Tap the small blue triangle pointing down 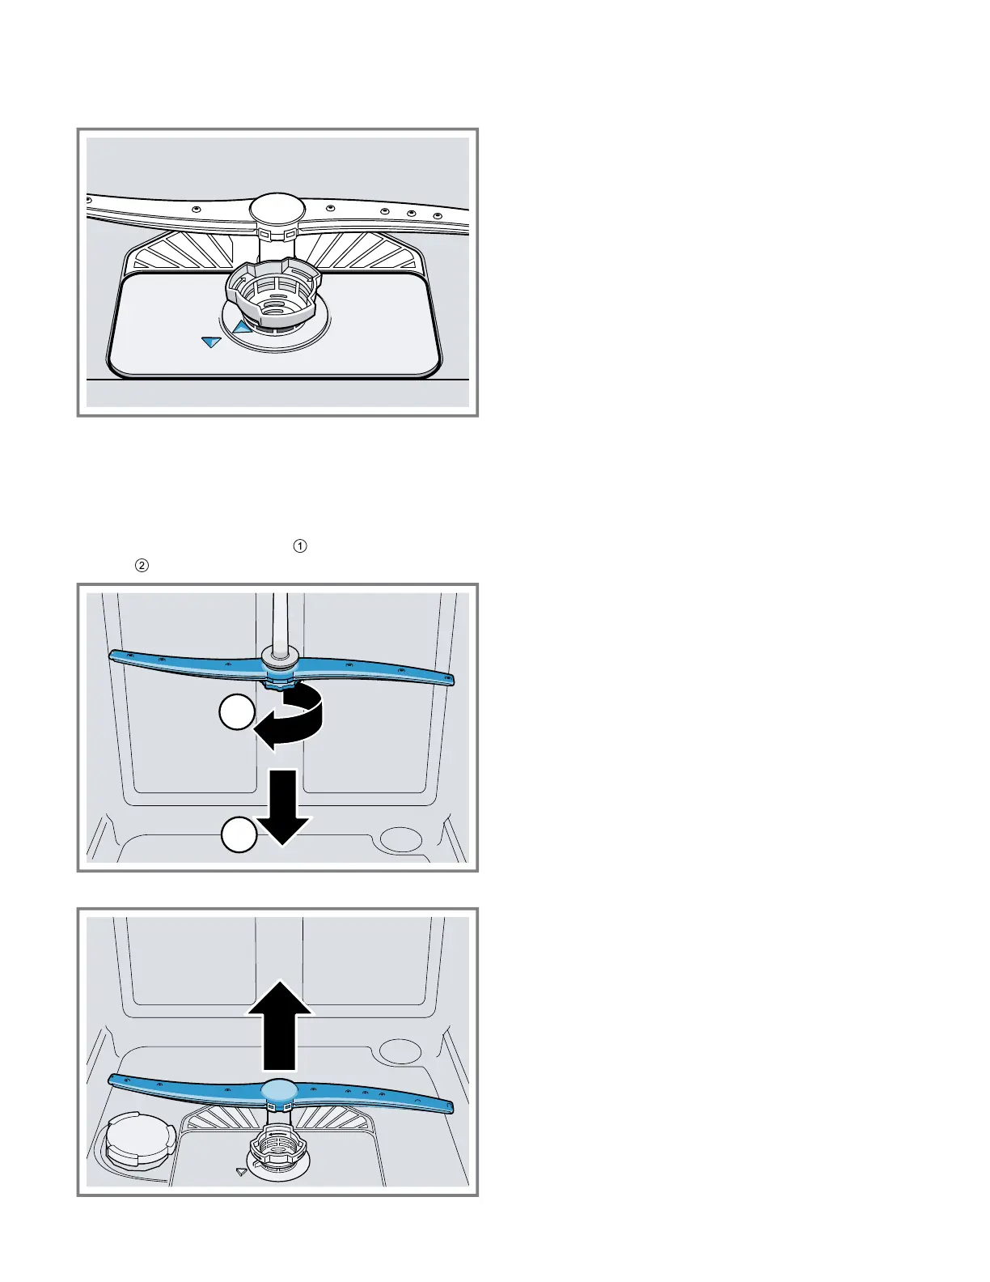tap(211, 342)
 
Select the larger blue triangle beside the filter tap(242, 327)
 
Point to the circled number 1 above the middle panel tap(300, 546)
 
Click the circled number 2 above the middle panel tap(142, 566)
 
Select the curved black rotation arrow tap(293, 715)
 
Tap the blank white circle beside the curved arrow tap(237, 715)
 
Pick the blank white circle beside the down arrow tap(239, 834)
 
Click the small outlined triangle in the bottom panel tap(241, 1170)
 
